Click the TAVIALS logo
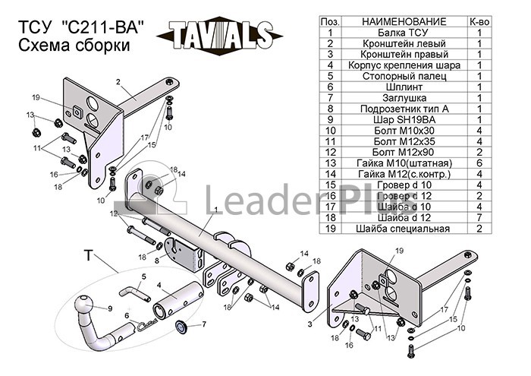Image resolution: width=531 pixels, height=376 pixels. pos(219,35)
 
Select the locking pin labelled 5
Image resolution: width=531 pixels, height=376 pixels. pos(134,292)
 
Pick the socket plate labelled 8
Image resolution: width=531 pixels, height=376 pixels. pos(185,256)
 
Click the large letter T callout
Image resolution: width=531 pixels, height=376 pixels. pos(88,255)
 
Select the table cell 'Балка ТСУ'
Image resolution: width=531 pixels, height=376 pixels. pos(403,33)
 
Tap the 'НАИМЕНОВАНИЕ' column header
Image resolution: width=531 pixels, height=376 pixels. pos(404,22)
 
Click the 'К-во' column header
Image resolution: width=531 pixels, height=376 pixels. pos(479,22)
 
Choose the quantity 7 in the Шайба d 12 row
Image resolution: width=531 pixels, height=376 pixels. pos(479,217)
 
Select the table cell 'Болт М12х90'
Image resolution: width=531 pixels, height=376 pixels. pos(403,152)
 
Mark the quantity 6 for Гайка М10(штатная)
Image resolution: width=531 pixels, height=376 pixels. pos(479,163)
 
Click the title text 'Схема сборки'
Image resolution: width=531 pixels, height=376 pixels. pos(74,45)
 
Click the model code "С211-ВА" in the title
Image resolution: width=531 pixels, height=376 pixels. pos(103,27)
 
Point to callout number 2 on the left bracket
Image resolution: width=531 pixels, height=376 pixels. pos(118,82)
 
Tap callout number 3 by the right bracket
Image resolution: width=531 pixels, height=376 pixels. pos(309,324)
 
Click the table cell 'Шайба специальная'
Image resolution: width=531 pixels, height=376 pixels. pos(403,229)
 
